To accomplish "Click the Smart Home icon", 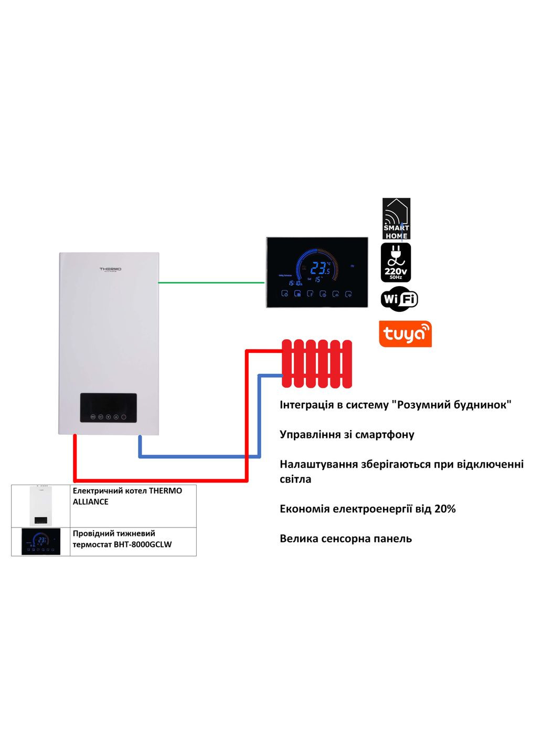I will pyautogui.click(x=396, y=218).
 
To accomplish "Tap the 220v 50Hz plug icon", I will pyautogui.click(x=396, y=262).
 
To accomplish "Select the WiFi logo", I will pyautogui.click(x=399, y=299).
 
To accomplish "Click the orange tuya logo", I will pyautogui.click(x=405, y=334).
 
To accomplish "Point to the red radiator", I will pyautogui.click(x=317, y=364).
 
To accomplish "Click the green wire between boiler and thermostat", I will pyautogui.click(x=211, y=282).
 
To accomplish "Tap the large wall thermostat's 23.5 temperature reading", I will pyautogui.click(x=320, y=269).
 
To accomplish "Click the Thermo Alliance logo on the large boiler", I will pyautogui.click(x=111, y=269).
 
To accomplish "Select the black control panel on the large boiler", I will pyautogui.click(x=108, y=408).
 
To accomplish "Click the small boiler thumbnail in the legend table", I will pyautogui.click(x=40, y=506).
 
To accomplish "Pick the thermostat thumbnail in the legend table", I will pyautogui.click(x=41, y=541).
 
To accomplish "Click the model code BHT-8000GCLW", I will pyautogui.click(x=143, y=544).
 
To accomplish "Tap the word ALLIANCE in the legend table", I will pyautogui.click(x=91, y=502).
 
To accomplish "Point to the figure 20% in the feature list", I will pyautogui.click(x=445, y=509).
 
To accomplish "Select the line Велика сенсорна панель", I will pyautogui.click(x=346, y=539).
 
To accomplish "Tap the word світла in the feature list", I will pyautogui.click(x=295, y=479).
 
